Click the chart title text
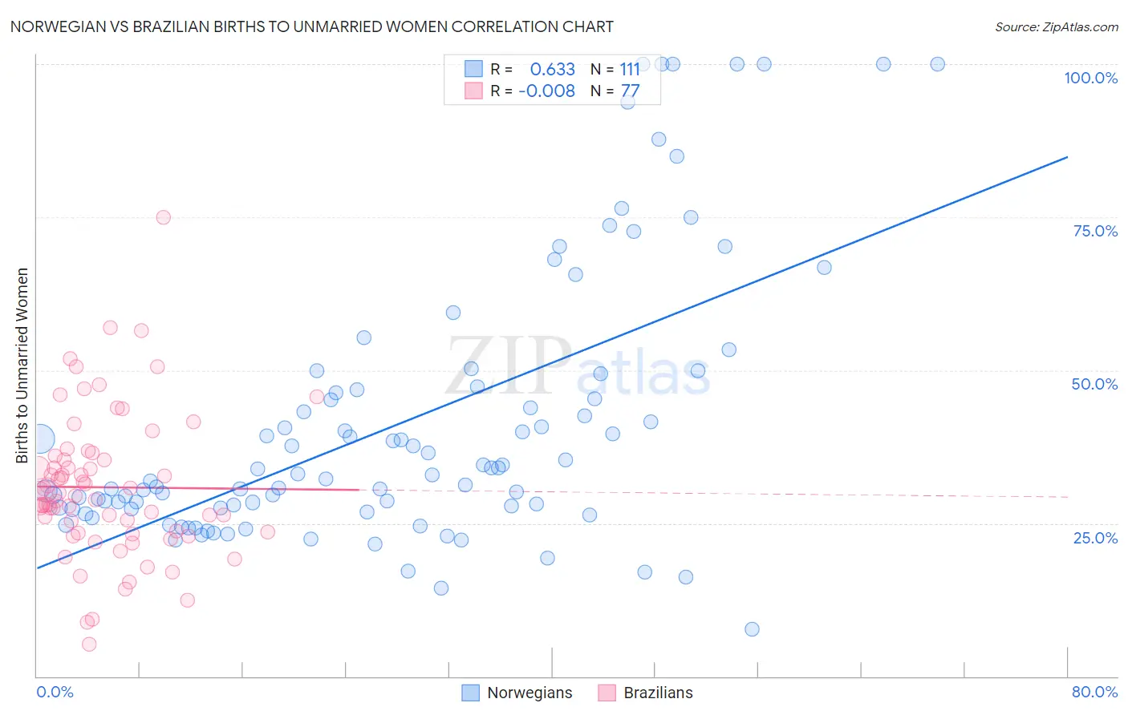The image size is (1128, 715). pos(312,26)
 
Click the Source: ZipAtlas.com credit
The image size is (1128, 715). pos(1056,26)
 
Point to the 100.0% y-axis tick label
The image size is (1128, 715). pos(1090,78)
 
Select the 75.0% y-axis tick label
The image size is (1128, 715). pos(1095,231)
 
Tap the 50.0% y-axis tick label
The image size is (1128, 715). pos(1094,384)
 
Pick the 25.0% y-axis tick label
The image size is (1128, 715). pos(1095,538)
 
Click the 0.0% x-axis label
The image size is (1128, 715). pos(55,692)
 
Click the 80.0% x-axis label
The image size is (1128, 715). pos(1094,692)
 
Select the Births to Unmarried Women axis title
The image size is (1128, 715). pos(22,366)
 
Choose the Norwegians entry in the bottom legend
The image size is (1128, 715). pos(530,693)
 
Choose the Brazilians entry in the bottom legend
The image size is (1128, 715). pos(658,693)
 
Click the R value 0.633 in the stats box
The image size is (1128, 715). pos(553,70)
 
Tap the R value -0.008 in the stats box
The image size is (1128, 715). pos(546,91)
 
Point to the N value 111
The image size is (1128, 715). pos(630,70)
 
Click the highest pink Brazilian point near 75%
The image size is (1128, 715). pos(163,217)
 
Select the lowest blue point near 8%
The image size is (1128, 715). pos(752,629)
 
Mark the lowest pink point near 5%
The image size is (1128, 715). pos(89,644)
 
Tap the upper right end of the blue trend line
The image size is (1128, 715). pos(1067,157)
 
